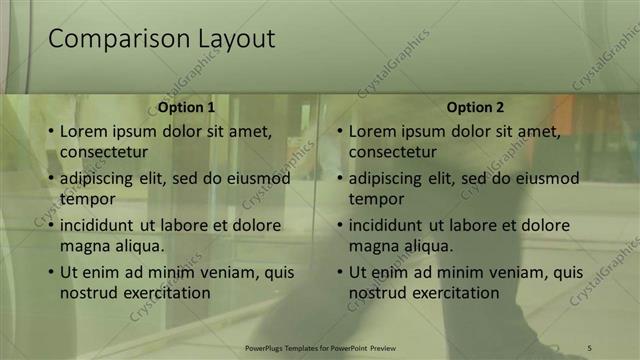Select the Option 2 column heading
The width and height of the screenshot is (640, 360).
pos(475,107)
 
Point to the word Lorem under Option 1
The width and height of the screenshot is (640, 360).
pos(83,131)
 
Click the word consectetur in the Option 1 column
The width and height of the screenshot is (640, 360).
pos(104,153)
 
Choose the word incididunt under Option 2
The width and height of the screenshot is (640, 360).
pos(391,225)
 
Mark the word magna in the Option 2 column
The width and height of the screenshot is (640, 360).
pos(371,246)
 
